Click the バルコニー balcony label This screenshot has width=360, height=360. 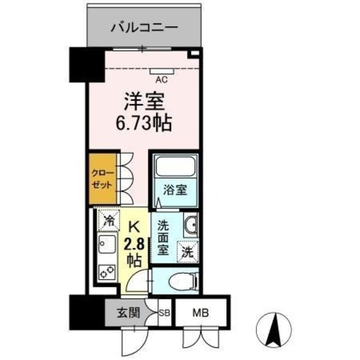(x=144, y=26)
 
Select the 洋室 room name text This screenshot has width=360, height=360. (x=144, y=103)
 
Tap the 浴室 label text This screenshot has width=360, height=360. (x=175, y=190)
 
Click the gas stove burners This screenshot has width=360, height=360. (x=106, y=272)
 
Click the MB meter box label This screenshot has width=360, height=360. (x=200, y=313)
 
